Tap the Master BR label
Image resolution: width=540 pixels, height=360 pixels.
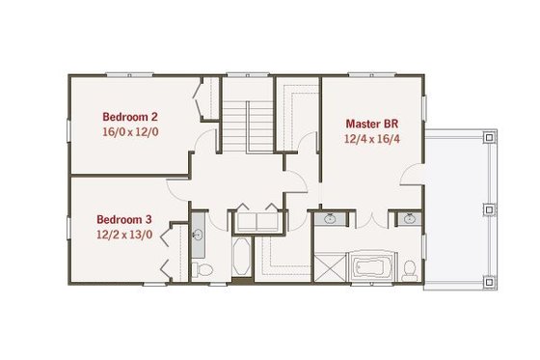371,125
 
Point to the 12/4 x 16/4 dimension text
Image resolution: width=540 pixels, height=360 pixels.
371,139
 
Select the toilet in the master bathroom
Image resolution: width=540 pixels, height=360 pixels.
409,267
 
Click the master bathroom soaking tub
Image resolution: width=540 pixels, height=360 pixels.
369,266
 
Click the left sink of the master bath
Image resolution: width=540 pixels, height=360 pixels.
331,218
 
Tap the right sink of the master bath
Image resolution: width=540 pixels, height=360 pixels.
410,218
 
